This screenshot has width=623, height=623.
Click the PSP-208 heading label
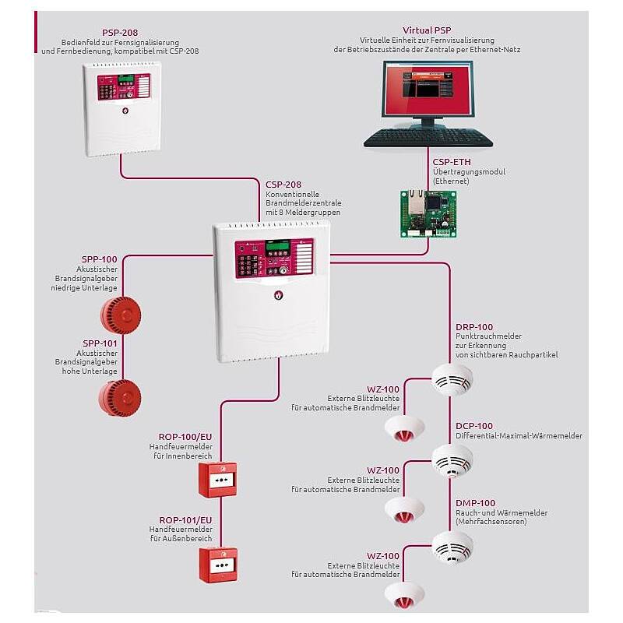[120, 32]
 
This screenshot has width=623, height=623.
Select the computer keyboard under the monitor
[428, 138]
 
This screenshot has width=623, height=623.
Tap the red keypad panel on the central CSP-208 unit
[274, 259]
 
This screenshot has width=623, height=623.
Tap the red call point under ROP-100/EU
[217, 479]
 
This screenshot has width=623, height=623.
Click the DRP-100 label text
[473, 327]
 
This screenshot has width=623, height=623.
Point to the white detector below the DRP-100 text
[452, 381]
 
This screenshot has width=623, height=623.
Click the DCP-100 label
[473, 426]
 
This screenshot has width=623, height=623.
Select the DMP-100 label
[475, 503]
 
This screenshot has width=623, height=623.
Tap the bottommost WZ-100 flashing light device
[403, 594]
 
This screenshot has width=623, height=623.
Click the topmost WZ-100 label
[383, 389]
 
